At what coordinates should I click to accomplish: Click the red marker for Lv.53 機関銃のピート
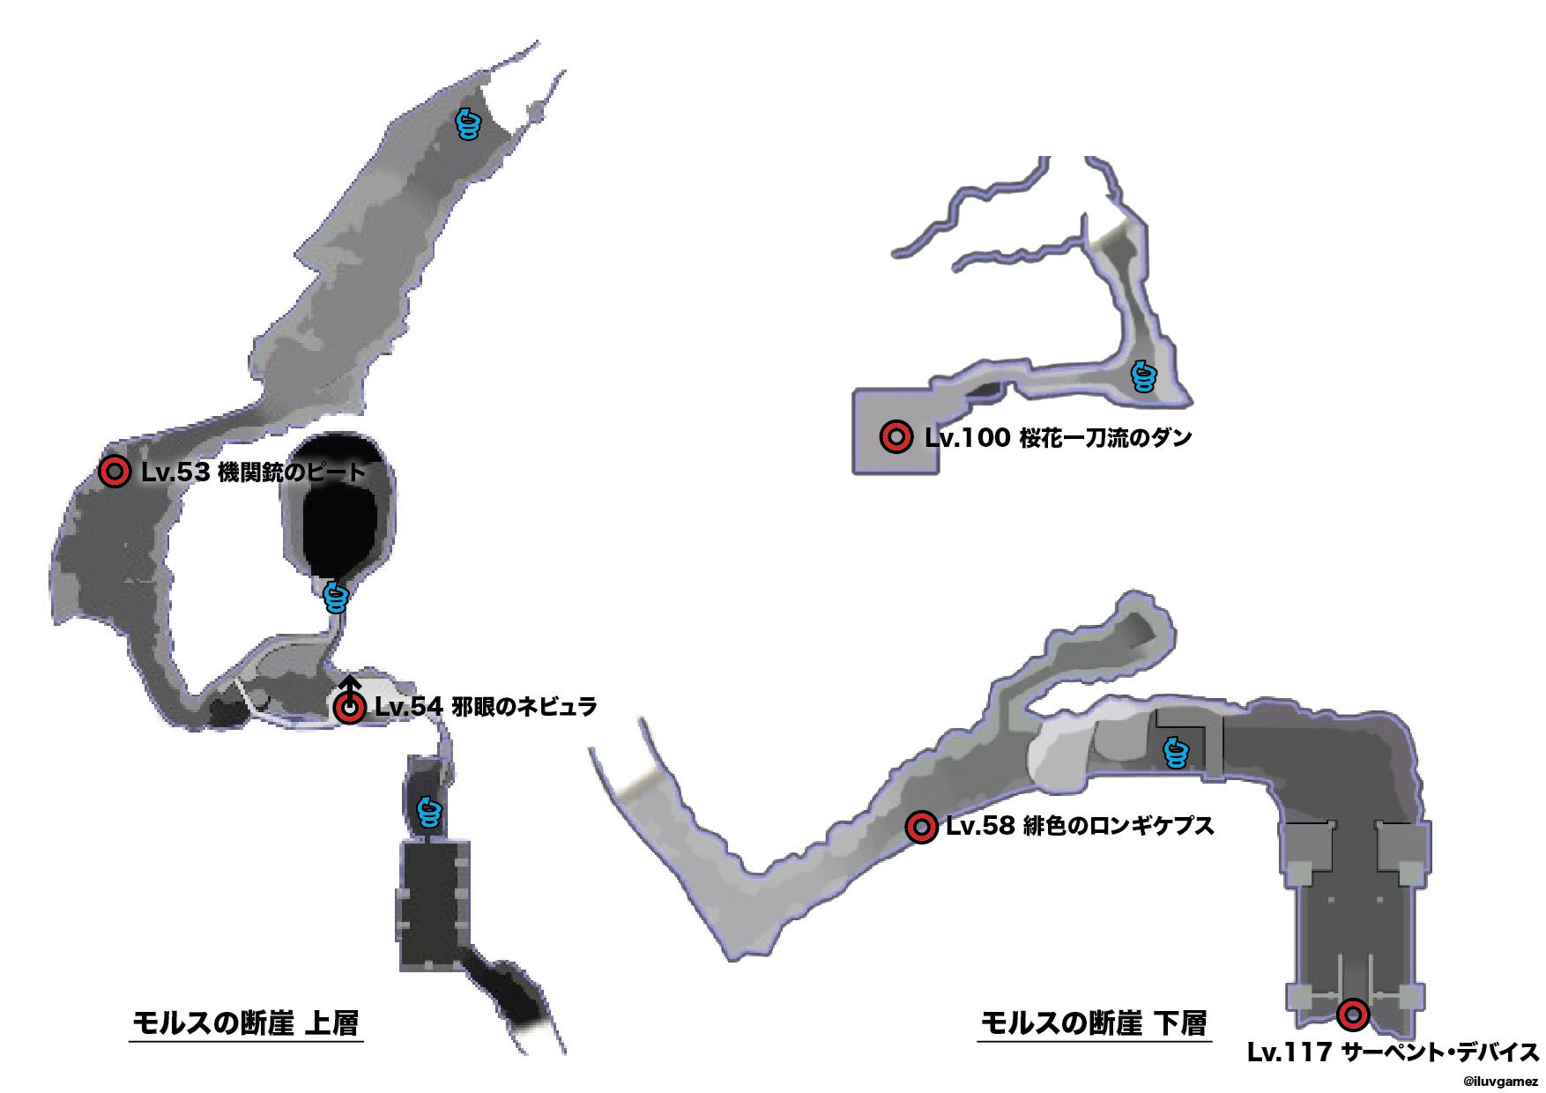coord(115,472)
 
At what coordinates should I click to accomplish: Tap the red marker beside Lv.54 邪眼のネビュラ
coord(351,707)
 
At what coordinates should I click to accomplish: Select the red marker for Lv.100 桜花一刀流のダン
coord(896,436)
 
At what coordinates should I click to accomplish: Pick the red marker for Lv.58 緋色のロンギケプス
coord(922,827)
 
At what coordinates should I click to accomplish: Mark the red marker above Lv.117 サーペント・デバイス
coord(1352,1015)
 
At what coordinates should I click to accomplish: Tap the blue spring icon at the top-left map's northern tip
coord(469,125)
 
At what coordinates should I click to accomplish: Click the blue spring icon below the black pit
coord(336,598)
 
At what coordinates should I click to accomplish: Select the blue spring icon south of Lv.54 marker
coord(428,812)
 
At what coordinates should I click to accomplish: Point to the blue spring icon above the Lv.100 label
coord(1143,376)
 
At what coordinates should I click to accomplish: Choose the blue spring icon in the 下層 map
coord(1176,753)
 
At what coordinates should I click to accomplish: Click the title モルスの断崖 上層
coord(246,1023)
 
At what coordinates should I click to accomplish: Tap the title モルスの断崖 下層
coord(1094,1023)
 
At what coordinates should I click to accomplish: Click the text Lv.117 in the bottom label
coord(1288,1052)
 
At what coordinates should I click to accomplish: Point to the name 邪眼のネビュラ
coord(524,707)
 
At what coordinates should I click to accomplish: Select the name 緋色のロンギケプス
coord(1119,827)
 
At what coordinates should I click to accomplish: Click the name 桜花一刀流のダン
coord(1105,437)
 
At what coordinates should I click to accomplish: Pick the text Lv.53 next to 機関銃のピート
coord(175,472)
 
